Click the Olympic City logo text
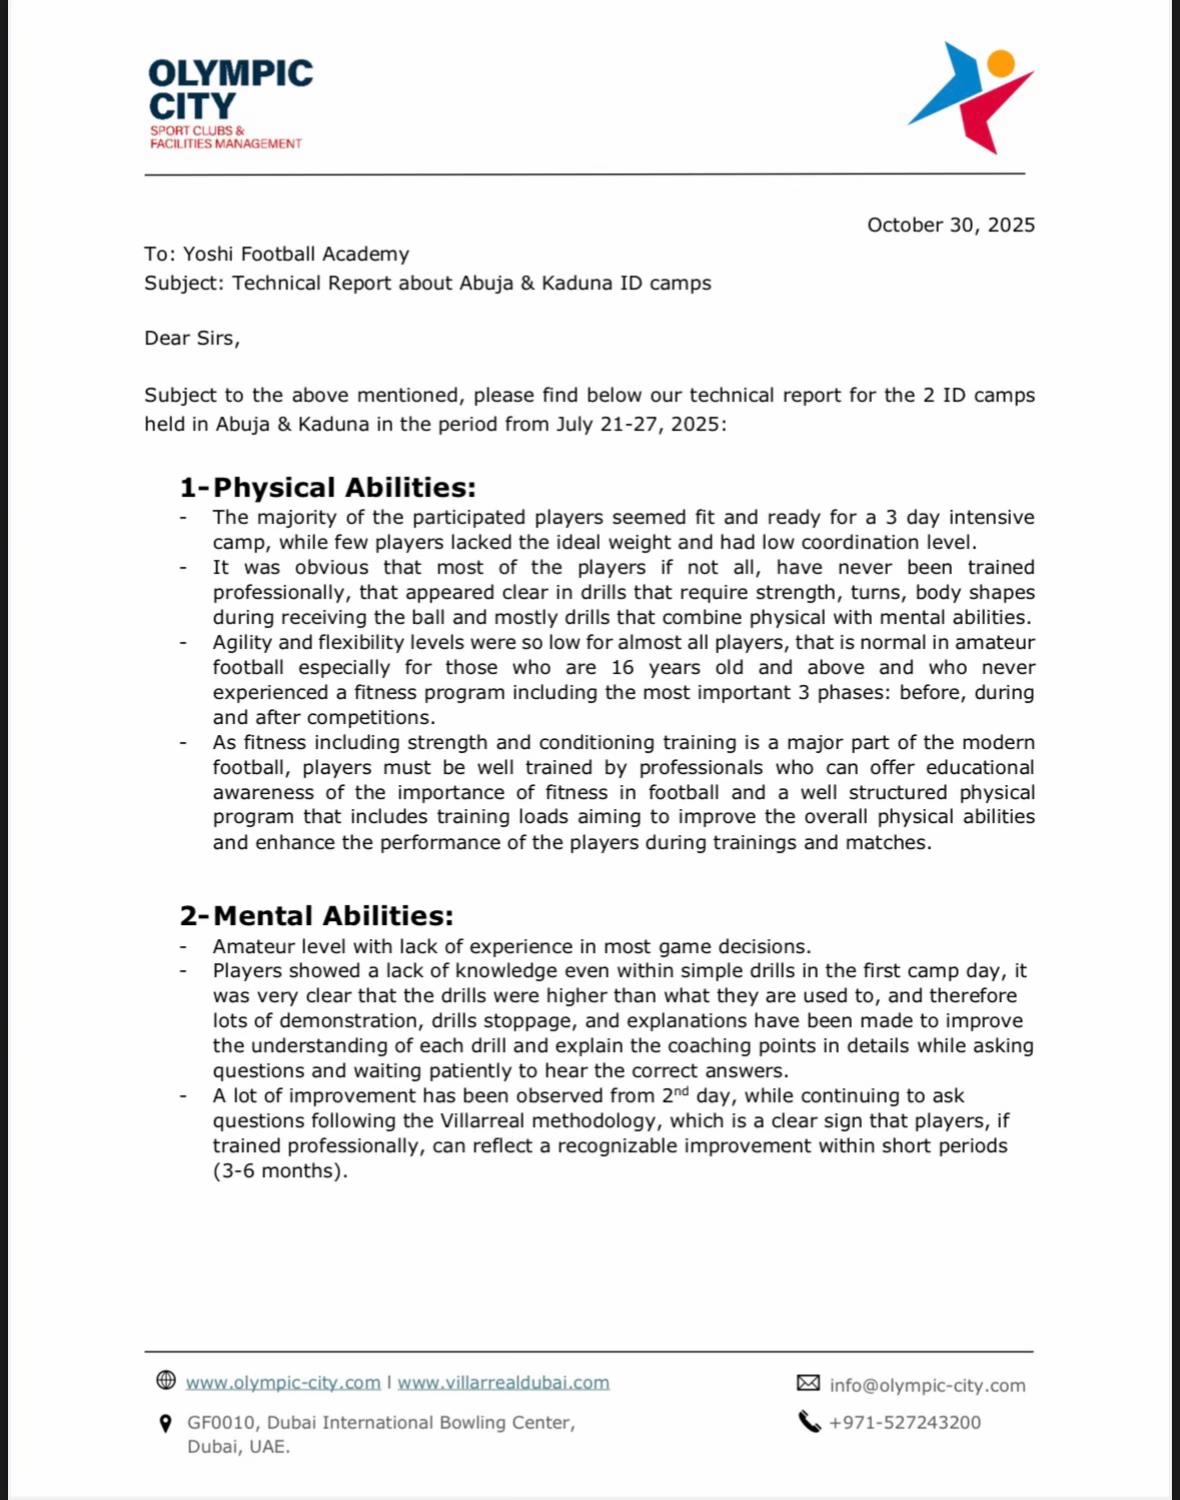click(230, 89)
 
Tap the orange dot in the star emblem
click(1000, 64)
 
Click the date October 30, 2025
click(950, 225)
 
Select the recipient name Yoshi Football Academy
click(296, 254)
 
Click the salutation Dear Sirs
click(192, 338)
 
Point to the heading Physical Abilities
click(344, 488)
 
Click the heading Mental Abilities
click(333, 916)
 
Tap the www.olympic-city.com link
click(283, 1382)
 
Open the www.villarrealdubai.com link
click(503, 1382)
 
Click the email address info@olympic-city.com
click(927, 1385)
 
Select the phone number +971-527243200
click(904, 1422)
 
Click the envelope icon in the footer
click(808, 1383)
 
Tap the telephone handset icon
click(809, 1421)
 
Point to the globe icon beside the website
click(166, 1381)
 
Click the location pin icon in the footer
click(166, 1423)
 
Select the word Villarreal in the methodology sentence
click(484, 1121)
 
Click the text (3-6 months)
click(280, 1171)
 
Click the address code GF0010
click(221, 1422)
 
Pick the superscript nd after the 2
click(682, 1090)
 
